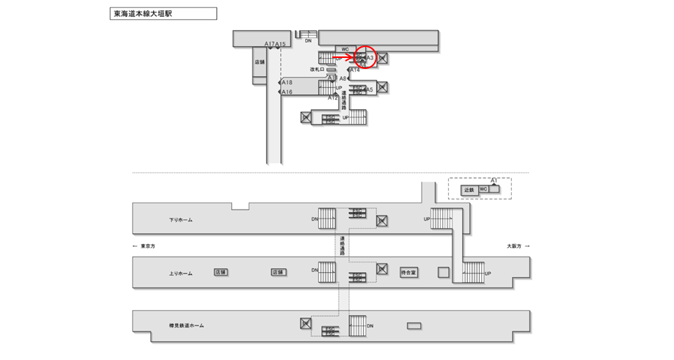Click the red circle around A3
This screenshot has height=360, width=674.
point(365,56)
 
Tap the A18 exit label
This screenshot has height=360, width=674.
point(287,83)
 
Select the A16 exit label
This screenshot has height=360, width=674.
point(287,92)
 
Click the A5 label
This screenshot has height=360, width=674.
point(369,89)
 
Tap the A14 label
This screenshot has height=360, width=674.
point(356,70)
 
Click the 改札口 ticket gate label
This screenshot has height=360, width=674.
point(316,69)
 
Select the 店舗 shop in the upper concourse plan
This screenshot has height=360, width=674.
point(260,62)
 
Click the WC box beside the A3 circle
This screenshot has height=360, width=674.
point(345,49)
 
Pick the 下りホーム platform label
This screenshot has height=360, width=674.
point(180,220)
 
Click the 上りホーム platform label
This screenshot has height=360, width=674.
point(180,273)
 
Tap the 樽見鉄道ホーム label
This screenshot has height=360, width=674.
point(186,326)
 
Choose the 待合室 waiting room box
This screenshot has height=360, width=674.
point(409,272)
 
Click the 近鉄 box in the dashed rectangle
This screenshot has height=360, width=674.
point(469,189)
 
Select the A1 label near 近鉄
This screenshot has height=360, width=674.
point(494,180)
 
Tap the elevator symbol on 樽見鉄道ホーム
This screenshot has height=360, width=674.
point(306,323)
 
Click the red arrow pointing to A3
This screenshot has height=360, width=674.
point(344,56)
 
